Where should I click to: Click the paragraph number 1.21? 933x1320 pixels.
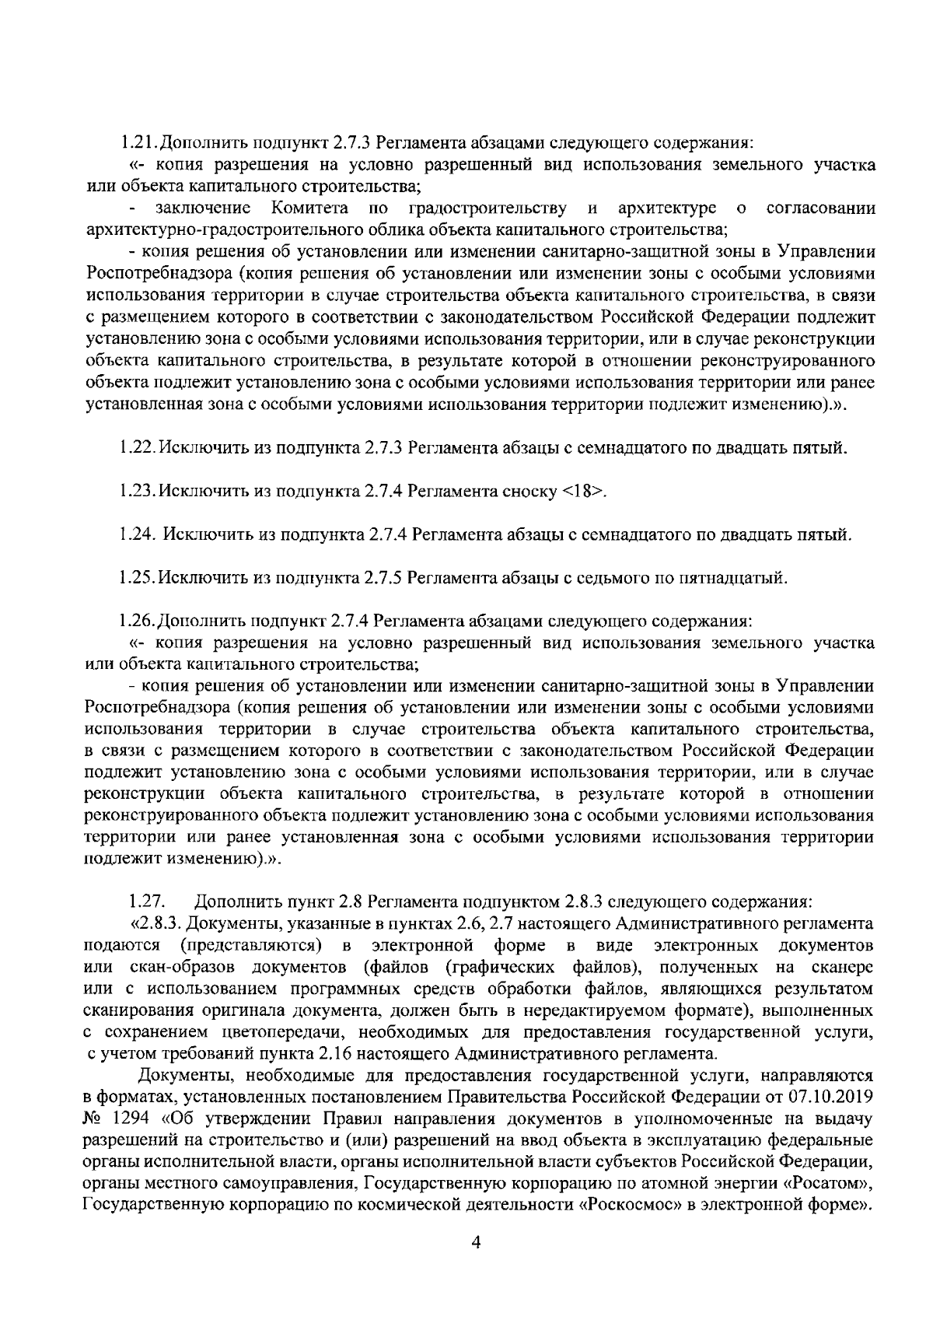pyautogui.click(x=138, y=144)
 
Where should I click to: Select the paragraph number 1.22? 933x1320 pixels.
pyautogui.click(x=138, y=448)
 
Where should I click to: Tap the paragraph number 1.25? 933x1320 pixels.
pyautogui.click(x=138, y=578)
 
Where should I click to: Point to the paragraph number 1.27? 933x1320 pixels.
pyautogui.click(x=144, y=902)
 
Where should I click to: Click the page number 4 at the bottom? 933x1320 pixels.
pyautogui.click(x=476, y=1243)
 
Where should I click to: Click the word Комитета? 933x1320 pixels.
pyautogui.click(x=309, y=208)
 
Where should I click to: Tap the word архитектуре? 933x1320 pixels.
pyautogui.click(x=667, y=208)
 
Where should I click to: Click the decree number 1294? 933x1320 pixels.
pyautogui.click(x=121, y=1119)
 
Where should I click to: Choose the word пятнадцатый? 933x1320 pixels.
pyautogui.click(x=734, y=578)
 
